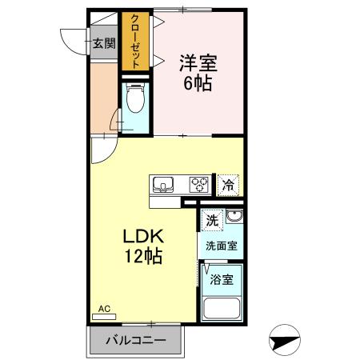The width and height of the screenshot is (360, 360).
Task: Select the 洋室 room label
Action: point(197,61)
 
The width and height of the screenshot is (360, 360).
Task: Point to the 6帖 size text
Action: point(197,82)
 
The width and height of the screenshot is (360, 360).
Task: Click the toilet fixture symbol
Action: point(134,102)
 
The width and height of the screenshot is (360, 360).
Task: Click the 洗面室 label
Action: point(220,246)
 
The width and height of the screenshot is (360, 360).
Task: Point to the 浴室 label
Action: point(222,279)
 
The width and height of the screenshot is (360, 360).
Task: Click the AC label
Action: point(104,308)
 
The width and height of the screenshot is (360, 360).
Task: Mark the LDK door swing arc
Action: point(102,148)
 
